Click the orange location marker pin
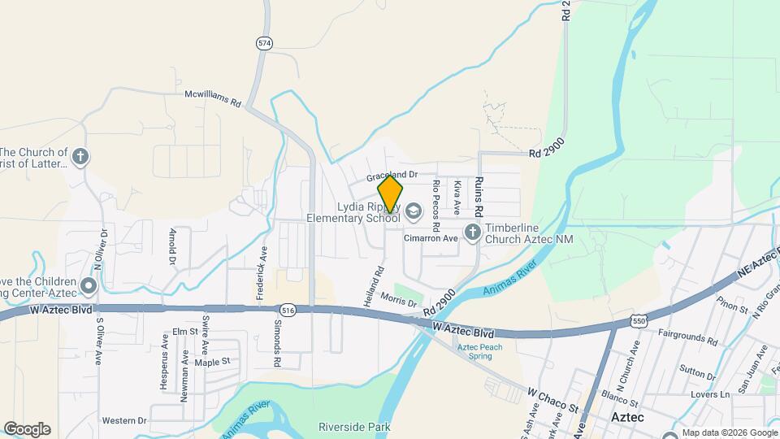pos(390,195)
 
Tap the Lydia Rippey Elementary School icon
pos(413,211)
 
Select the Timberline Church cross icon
pos(472,233)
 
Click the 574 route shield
pos(263,43)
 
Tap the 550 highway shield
pos(639,323)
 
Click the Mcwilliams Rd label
pos(213,98)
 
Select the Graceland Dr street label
pos(391,175)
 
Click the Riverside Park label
pos(354,426)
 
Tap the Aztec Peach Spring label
pos(479,351)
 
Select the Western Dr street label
pos(124,420)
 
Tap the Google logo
pos(27,429)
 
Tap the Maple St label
pos(212,361)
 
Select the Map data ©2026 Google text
pos(730,432)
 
